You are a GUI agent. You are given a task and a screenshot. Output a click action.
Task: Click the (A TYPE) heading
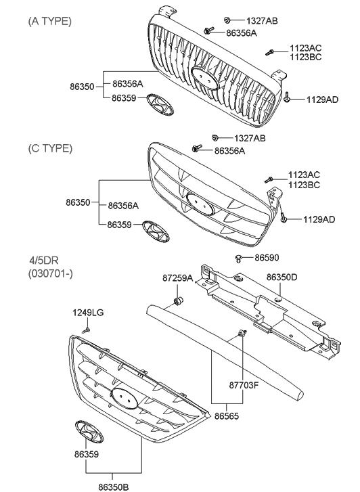49,21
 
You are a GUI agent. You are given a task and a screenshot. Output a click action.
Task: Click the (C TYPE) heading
49,148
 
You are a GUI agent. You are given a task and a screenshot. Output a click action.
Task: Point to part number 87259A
177,277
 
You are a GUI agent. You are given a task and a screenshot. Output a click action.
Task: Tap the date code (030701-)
51,273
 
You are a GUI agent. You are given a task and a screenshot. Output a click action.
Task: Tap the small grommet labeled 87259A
179,298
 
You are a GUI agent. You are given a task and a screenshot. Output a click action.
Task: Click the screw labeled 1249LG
87,328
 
